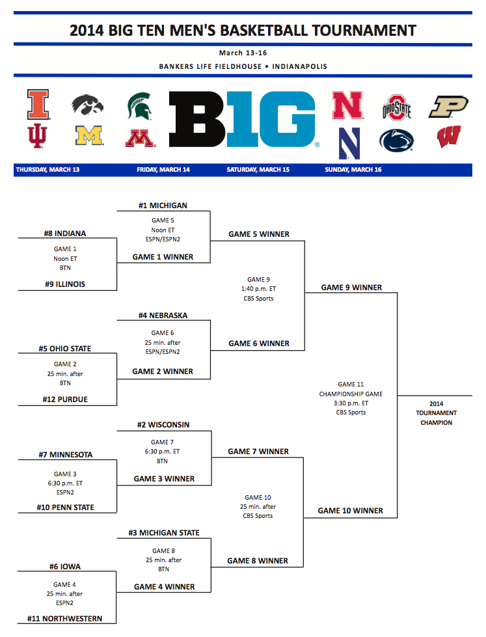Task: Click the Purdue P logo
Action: [x=448, y=107]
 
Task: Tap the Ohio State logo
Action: [x=397, y=107]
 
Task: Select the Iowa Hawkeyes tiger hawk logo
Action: [x=88, y=105]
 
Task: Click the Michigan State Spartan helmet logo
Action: [x=140, y=106]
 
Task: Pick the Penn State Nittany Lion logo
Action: [x=396, y=141]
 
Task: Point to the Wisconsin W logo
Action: [x=449, y=137]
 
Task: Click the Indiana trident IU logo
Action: [x=38, y=136]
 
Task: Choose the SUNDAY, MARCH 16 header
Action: [x=353, y=170]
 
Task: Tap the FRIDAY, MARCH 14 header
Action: [x=163, y=170]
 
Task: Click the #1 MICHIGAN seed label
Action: [x=163, y=206]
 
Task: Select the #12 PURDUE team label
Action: [x=65, y=400]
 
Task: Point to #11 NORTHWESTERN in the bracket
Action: [x=64, y=619]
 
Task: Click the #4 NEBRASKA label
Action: [x=163, y=316]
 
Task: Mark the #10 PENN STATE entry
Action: [x=66, y=508]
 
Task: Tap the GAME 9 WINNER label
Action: [x=351, y=288]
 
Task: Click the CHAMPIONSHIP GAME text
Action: [x=351, y=394]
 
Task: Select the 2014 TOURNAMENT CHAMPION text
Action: [x=436, y=413]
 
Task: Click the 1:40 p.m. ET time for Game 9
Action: [x=258, y=289]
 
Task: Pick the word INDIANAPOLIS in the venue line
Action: [x=299, y=66]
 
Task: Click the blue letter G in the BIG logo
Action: [x=290, y=119]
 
